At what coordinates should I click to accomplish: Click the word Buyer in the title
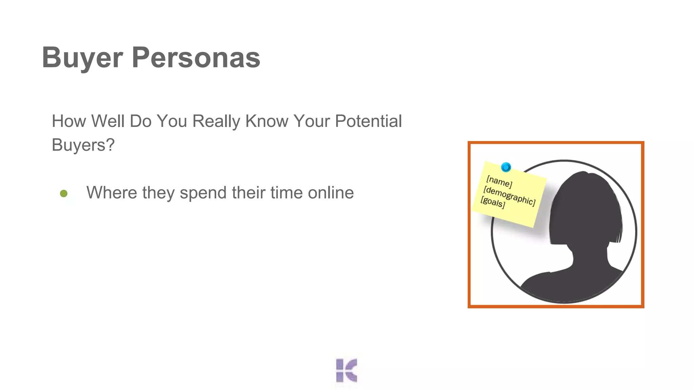(82, 58)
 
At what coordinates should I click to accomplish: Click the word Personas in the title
(196, 58)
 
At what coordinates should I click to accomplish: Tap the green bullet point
(64, 194)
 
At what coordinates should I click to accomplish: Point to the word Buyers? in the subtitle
(83, 145)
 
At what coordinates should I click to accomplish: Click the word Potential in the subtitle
(368, 121)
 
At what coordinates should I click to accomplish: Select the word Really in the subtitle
(216, 121)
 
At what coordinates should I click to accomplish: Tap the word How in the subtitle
(69, 121)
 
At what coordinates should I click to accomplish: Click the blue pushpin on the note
(506, 167)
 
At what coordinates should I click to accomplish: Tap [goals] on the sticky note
(493, 202)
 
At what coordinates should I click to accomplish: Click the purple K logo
(346, 370)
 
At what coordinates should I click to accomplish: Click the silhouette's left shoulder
(539, 283)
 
